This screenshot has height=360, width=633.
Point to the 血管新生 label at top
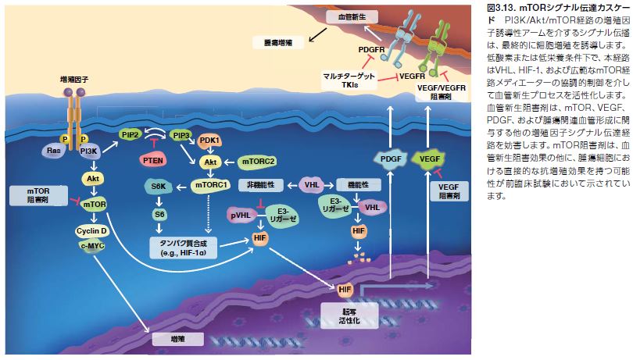(x=361, y=16)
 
